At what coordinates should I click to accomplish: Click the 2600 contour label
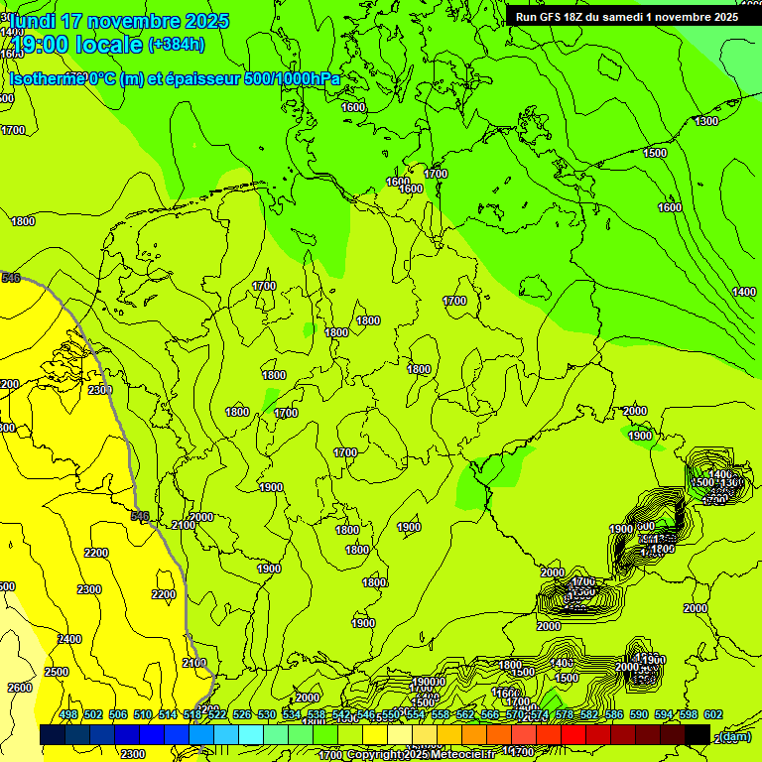click(x=20, y=688)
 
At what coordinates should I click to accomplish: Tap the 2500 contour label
click(x=57, y=672)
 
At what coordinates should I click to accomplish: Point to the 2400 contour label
click(x=69, y=639)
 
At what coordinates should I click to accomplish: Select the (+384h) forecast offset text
click(x=177, y=44)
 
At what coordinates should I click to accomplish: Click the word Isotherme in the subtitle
click(x=49, y=78)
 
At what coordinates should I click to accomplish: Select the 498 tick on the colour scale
click(x=68, y=715)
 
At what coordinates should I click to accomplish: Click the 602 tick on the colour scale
click(x=712, y=715)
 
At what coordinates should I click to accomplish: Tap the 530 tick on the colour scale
click(x=267, y=715)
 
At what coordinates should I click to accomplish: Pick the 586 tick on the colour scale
click(x=613, y=715)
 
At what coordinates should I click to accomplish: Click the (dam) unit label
click(x=735, y=736)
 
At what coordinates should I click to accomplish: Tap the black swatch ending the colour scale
click(x=698, y=734)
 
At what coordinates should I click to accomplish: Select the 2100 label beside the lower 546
click(x=184, y=525)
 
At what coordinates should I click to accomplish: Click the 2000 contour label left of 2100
click(x=201, y=517)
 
